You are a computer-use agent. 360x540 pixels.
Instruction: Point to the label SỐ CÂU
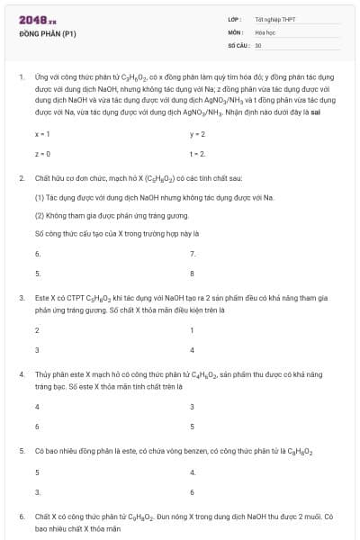tap(238, 44)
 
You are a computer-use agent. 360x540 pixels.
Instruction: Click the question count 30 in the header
tap(258, 44)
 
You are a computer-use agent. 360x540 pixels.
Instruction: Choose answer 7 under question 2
tap(193, 253)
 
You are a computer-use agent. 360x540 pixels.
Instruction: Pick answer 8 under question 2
tap(193, 273)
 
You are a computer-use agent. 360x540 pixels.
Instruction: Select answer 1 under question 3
tap(193, 329)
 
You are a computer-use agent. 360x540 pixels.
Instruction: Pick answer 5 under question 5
tap(38, 472)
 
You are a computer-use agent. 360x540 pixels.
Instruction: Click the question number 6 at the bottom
tap(21, 517)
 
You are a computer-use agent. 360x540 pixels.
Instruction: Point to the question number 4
tap(21, 373)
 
